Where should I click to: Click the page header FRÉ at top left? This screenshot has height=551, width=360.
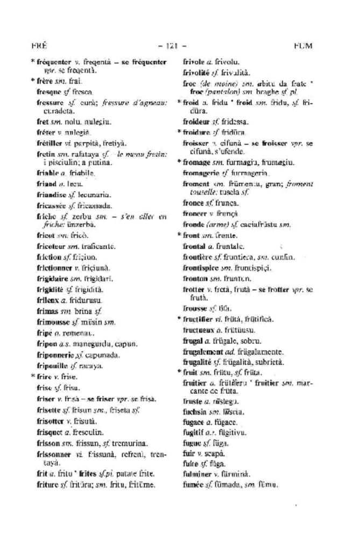coord(40,46)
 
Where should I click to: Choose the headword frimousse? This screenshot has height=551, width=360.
coord(53,322)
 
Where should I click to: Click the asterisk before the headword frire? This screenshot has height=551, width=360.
coord(32,377)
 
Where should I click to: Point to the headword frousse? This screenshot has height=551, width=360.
coord(195,308)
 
